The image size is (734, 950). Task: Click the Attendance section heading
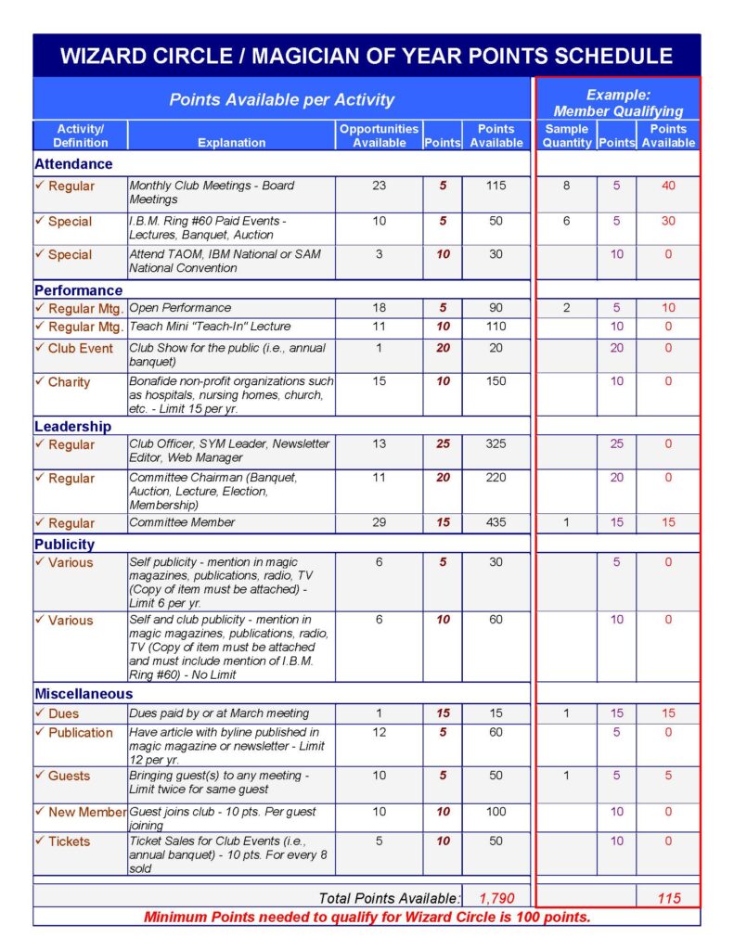click(73, 164)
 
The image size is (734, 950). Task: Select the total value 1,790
click(496, 898)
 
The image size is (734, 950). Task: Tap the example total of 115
click(668, 898)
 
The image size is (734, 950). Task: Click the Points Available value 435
click(496, 522)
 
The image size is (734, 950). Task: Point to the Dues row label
click(63, 713)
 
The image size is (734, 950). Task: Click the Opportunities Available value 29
click(379, 522)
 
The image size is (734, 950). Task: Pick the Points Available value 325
click(496, 444)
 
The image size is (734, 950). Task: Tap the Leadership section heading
click(72, 427)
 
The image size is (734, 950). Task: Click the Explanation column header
click(231, 143)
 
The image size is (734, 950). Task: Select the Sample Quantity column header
click(566, 135)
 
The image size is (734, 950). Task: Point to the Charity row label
click(69, 382)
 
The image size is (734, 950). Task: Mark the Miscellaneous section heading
click(84, 694)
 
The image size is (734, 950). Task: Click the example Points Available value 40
click(668, 186)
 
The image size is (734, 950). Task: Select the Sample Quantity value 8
click(566, 186)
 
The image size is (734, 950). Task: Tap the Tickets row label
click(69, 841)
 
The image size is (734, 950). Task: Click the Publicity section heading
click(64, 545)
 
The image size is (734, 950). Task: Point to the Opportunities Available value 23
click(379, 186)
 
